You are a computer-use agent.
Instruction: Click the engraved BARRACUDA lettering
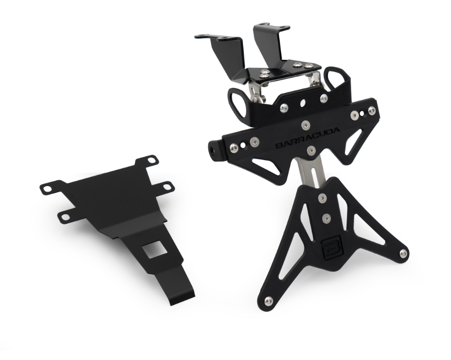307,138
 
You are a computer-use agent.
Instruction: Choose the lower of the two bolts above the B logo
326,218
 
